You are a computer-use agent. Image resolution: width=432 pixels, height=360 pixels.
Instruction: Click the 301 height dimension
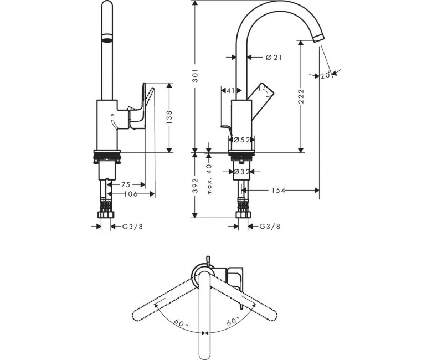click(196, 75)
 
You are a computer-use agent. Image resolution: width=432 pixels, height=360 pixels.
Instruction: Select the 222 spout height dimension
click(301, 96)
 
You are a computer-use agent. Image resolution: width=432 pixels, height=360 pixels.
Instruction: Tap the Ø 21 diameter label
click(274, 57)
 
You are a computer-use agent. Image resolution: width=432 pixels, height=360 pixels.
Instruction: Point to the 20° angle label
click(325, 75)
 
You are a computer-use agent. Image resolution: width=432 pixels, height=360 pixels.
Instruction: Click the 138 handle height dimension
click(169, 116)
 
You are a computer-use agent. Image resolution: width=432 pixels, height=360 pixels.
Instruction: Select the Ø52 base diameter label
click(241, 140)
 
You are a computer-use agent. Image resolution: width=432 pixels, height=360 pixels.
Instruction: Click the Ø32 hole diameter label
click(241, 172)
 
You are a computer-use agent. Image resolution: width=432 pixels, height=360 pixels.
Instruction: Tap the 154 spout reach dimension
click(278, 190)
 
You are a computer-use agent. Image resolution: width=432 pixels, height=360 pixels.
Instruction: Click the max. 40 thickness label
click(210, 179)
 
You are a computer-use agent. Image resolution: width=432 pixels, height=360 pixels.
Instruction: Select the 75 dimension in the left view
click(126, 184)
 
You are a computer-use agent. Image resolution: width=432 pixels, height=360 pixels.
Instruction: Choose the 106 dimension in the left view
click(131, 194)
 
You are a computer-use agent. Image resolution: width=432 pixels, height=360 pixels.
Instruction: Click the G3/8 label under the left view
click(132, 227)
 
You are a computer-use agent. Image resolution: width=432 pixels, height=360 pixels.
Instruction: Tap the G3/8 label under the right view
click(270, 227)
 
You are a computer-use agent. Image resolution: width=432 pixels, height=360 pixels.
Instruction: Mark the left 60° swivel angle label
click(181, 323)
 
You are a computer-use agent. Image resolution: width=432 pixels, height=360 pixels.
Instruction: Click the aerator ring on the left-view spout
click(107, 38)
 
